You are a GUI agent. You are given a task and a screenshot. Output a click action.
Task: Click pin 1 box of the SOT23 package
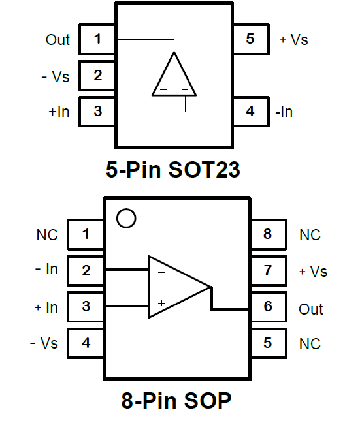[97, 39]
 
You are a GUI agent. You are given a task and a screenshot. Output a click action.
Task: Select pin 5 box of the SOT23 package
[251, 39]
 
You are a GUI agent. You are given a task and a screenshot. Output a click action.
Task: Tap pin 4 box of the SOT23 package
[251, 112]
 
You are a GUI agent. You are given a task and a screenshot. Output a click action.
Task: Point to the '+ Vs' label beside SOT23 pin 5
[294, 39]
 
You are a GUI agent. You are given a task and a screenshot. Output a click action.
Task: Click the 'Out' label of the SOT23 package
[57, 40]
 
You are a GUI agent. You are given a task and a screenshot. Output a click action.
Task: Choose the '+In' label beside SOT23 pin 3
[59, 112]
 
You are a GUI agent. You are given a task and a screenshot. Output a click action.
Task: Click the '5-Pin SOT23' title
[173, 169]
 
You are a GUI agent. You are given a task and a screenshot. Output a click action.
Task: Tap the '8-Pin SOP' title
[176, 401]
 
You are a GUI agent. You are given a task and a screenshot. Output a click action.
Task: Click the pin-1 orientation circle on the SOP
[126, 218]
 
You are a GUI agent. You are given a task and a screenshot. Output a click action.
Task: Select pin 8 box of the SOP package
[269, 234]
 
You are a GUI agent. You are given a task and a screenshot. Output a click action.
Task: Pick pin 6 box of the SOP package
[269, 307]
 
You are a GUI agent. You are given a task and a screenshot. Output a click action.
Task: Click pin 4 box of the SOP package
[86, 343]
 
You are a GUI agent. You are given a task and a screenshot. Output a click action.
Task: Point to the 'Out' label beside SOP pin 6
[311, 309]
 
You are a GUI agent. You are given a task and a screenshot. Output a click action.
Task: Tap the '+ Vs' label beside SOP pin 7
[313, 272]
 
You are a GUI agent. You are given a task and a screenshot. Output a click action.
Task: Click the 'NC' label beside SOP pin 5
[310, 344]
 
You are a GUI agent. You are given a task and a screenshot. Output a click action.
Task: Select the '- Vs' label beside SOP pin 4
[44, 343]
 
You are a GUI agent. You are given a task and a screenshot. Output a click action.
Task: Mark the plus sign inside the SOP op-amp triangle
[161, 303]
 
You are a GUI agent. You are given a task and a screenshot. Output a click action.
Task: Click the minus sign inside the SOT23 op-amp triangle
[185, 89]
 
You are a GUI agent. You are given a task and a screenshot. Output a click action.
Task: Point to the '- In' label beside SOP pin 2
[46, 269]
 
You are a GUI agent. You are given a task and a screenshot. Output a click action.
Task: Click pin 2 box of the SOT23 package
[97, 76]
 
